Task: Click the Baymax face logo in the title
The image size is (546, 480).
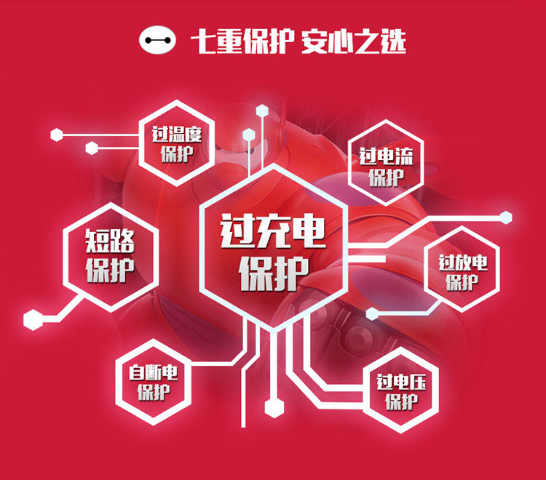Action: point(159,41)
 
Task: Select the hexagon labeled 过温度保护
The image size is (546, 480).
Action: point(176,143)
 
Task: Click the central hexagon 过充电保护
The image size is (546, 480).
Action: point(272,243)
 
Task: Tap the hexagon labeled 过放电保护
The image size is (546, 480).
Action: point(462,272)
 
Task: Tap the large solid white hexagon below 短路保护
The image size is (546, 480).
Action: point(33,319)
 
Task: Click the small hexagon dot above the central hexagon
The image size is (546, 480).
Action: point(249,134)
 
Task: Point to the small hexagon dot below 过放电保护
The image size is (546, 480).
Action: point(372,313)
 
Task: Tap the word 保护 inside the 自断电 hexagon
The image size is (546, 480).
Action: point(154,393)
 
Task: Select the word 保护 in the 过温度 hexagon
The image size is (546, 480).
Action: point(176,154)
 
